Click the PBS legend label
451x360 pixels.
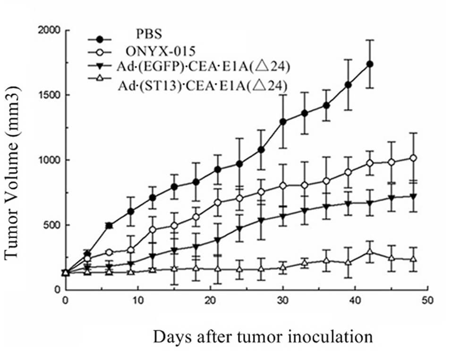(x=150, y=34)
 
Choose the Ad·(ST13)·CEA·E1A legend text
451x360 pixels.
(x=204, y=84)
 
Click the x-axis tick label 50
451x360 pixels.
(x=429, y=300)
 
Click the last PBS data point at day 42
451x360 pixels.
(x=370, y=64)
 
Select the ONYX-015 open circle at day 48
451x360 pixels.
(x=414, y=158)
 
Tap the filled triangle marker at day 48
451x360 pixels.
(x=414, y=196)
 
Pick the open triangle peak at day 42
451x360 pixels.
(x=370, y=251)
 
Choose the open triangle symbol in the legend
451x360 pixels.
(x=99, y=84)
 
